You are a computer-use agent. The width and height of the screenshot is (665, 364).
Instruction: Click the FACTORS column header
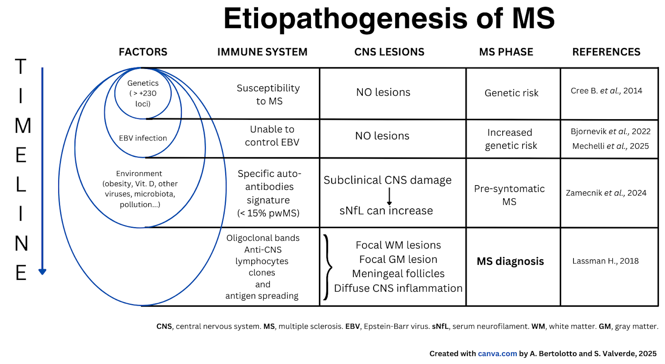[143, 52]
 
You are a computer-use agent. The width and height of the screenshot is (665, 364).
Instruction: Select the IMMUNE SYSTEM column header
[262, 52]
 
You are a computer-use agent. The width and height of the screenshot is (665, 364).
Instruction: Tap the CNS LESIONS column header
[389, 52]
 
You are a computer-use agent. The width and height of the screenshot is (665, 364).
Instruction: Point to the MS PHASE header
[506, 52]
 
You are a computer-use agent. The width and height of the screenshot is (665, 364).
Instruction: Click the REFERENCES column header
[606, 52]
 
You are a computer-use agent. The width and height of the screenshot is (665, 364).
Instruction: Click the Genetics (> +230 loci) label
[143, 93]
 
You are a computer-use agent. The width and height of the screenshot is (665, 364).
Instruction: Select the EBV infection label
[143, 138]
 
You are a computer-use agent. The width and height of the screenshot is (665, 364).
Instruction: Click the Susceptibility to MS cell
[268, 94]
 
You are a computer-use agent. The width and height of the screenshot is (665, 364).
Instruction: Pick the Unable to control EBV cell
[272, 136]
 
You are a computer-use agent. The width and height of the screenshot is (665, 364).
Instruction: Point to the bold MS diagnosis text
[510, 261]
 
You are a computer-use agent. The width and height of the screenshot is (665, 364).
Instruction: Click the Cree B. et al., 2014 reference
[606, 91]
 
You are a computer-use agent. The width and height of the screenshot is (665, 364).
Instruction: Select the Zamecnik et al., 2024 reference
[606, 193]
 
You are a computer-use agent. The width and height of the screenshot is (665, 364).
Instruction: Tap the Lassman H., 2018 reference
[605, 261]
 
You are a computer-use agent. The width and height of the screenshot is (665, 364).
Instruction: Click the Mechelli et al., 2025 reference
[611, 146]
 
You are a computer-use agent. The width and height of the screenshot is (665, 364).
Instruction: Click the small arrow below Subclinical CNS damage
[389, 196]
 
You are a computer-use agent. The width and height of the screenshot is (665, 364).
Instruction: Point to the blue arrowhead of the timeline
[42, 272]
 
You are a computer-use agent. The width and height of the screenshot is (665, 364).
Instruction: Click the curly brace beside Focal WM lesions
[328, 267]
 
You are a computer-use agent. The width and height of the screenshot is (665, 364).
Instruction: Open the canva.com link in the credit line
[497, 354]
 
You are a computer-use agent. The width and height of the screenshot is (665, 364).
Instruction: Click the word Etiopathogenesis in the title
[345, 19]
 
